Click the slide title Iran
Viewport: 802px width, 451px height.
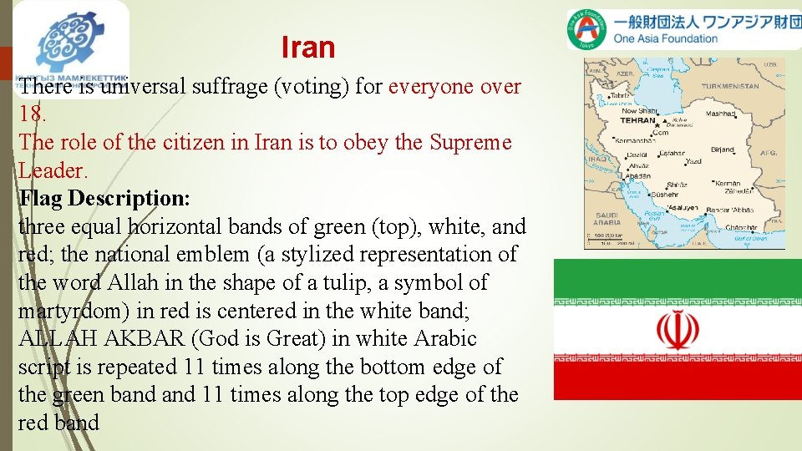click(307, 48)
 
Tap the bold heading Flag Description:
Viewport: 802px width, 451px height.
click(104, 199)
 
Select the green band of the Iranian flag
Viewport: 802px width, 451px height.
click(678, 276)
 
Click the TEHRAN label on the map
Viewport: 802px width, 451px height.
click(637, 120)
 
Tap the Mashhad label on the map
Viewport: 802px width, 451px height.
click(720, 114)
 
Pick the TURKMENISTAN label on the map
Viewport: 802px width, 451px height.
click(729, 86)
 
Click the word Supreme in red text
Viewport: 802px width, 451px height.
click(470, 143)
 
